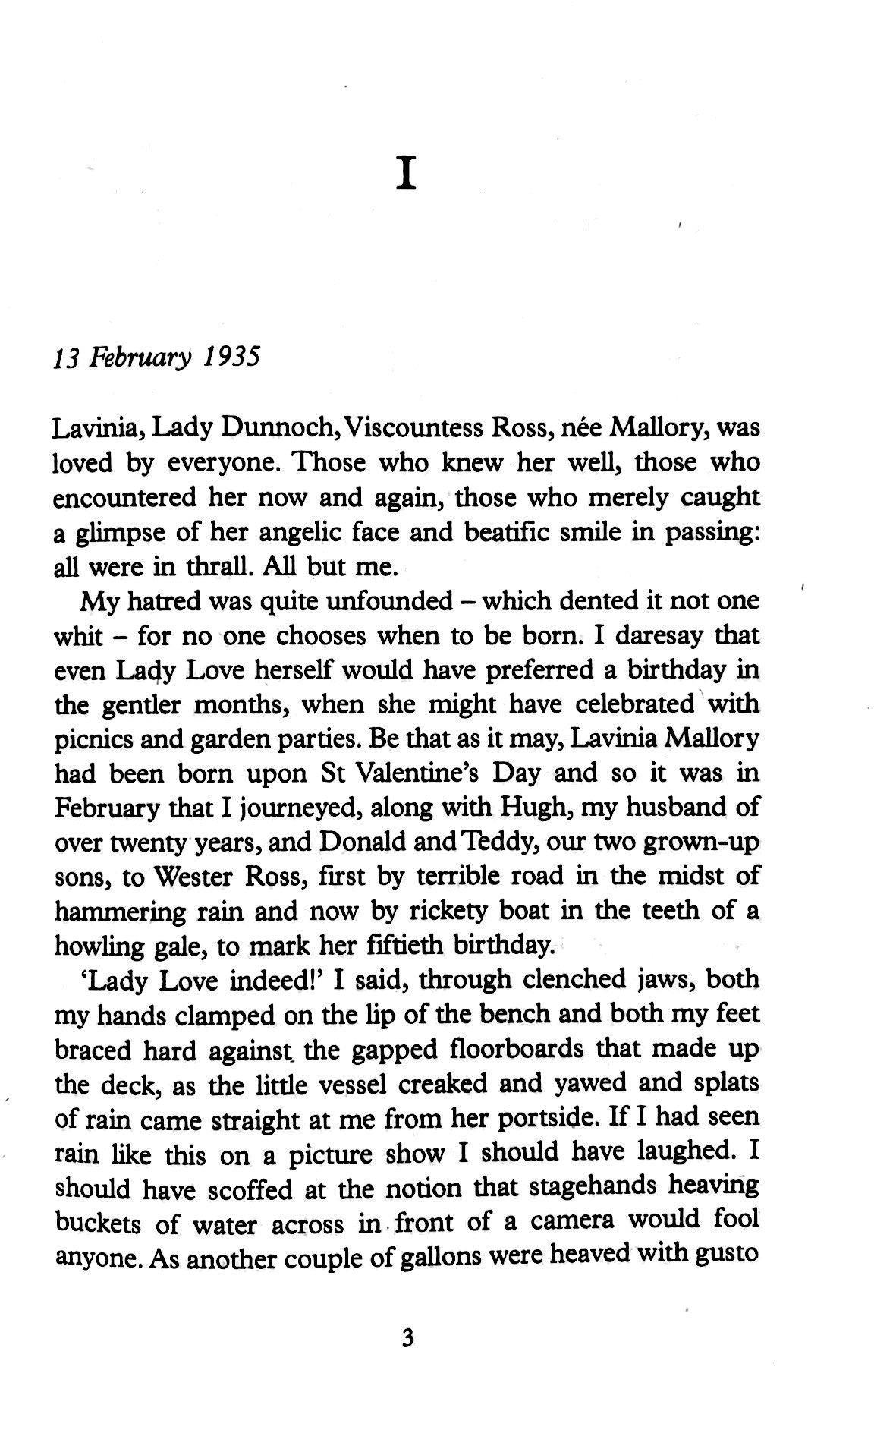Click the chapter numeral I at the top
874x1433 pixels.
coord(407,175)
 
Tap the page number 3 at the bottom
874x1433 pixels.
coord(407,1338)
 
